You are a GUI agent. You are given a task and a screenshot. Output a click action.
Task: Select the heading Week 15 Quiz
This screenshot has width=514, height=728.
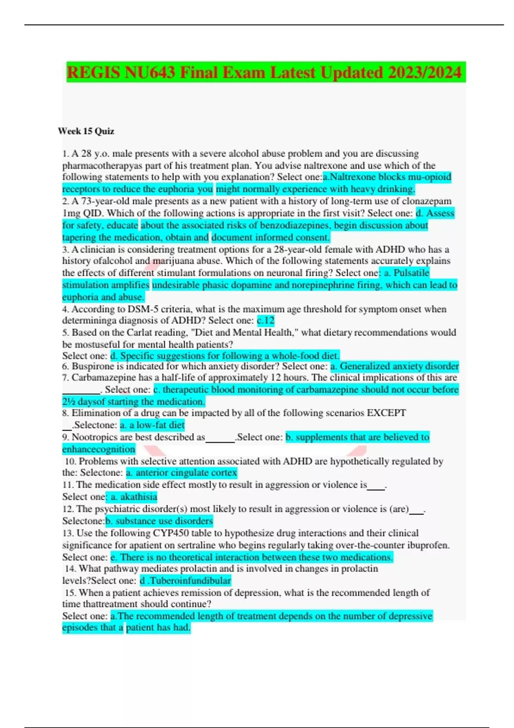tap(86, 131)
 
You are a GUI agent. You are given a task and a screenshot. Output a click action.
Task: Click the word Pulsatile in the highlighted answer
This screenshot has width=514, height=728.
tap(411, 273)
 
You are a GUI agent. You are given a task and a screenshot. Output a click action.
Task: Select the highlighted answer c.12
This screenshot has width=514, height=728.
tap(266, 320)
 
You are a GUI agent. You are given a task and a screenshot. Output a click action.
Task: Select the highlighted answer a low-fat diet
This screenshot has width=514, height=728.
tap(152, 425)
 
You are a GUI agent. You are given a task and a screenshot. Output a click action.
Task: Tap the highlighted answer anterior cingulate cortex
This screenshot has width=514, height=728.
tap(182, 472)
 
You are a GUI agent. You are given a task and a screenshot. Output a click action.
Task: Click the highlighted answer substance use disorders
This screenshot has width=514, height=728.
tap(159, 521)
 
